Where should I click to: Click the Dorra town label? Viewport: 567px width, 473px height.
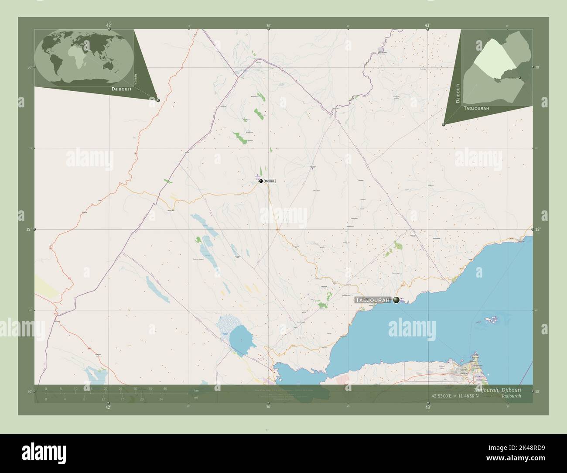coord(270,181)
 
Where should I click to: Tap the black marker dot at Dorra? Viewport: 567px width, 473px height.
coord(261,181)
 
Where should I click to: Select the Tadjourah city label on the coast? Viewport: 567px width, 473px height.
coord(372,300)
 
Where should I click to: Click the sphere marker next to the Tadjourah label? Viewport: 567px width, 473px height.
coord(396,300)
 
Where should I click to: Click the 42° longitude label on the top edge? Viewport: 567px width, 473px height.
coord(108,26)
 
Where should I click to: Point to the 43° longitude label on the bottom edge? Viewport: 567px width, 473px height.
coord(428,407)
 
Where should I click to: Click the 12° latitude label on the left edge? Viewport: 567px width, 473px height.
coord(29,229)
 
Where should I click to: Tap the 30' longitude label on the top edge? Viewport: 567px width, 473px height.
coord(268,26)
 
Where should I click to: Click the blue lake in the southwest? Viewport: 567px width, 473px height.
coord(240,336)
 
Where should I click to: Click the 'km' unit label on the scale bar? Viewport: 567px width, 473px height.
coord(196,390)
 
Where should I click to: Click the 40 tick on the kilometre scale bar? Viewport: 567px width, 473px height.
coord(165,388)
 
